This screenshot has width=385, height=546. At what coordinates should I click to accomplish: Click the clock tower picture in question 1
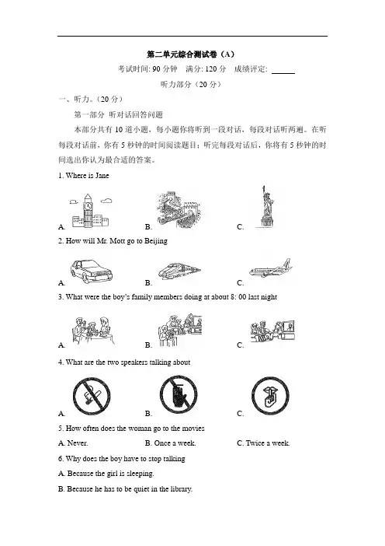[x=90, y=211]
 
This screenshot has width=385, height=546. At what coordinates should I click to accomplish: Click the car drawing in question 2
[x=92, y=271]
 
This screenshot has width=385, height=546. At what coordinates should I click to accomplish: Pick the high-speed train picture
[x=179, y=271]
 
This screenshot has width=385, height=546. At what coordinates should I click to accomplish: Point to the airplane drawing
[x=271, y=268]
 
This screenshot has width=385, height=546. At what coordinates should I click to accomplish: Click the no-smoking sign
[x=92, y=396]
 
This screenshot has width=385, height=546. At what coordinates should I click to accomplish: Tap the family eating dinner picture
[x=93, y=331]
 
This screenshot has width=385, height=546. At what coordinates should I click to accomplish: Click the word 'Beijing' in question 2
[x=156, y=241]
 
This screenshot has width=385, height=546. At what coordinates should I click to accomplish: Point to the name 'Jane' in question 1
[x=102, y=176]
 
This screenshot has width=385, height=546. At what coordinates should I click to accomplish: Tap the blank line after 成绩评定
[x=283, y=73]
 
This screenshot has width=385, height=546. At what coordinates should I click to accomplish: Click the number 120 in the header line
[x=210, y=69]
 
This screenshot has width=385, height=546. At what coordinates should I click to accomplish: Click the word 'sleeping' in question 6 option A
[x=140, y=474]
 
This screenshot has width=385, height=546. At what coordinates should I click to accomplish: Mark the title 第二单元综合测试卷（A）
[x=191, y=54]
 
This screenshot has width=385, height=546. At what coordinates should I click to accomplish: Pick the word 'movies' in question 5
[x=193, y=429]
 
